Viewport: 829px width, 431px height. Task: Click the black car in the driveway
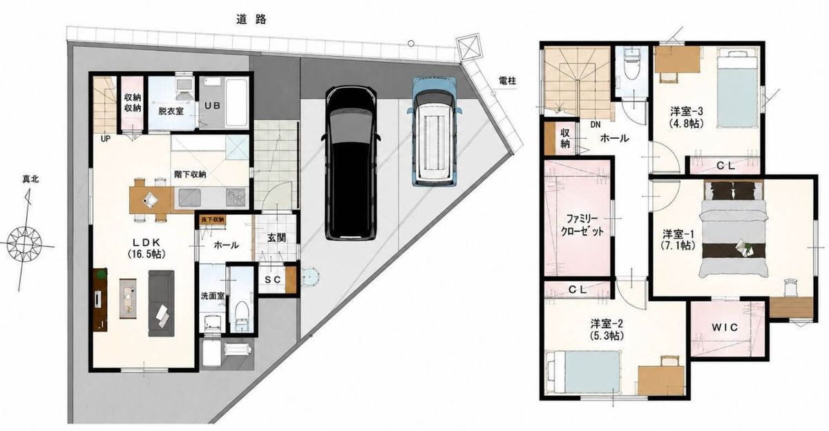coord(350,163)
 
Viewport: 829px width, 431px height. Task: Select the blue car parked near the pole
coord(433,131)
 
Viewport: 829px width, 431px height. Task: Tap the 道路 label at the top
coord(251,19)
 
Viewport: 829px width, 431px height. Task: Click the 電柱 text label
coord(507,81)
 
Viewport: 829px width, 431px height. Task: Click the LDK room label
coord(146,242)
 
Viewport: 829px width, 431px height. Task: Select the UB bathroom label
coord(213,106)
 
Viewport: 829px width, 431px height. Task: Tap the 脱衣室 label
coord(171,111)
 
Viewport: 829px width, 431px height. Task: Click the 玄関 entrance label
coord(276,238)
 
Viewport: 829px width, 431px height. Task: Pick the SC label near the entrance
coord(272,280)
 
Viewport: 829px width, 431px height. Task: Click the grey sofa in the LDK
coord(162,303)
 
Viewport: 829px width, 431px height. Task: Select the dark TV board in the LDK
coord(100,299)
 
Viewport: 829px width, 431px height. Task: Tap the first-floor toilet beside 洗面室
coord(242,316)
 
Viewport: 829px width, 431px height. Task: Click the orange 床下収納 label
coord(213,220)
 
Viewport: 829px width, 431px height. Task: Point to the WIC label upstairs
coord(725,327)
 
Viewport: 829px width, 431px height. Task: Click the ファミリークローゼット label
coord(582,225)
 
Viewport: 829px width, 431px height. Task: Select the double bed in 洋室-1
coord(732,229)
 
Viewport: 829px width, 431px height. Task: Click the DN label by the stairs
coord(595,125)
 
